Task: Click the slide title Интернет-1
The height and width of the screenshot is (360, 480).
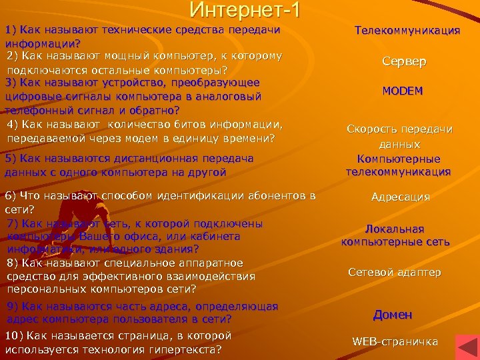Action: tap(245, 10)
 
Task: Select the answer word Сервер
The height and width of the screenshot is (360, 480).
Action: tap(404, 61)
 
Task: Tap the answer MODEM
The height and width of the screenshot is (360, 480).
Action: tap(403, 91)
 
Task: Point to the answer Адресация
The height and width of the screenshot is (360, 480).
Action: tap(400, 197)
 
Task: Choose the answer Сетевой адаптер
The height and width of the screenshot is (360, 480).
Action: tap(394, 272)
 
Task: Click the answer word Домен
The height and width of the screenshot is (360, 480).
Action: tap(393, 314)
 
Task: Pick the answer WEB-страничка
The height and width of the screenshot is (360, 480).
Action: tap(395, 342)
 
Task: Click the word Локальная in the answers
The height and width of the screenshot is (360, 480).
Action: tap(395, 229)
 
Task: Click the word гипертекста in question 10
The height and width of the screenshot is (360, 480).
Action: tap(187, 349)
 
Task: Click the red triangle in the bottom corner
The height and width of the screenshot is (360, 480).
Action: tap(466, 348)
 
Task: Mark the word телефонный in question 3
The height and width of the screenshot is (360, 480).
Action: tap(35, 110)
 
